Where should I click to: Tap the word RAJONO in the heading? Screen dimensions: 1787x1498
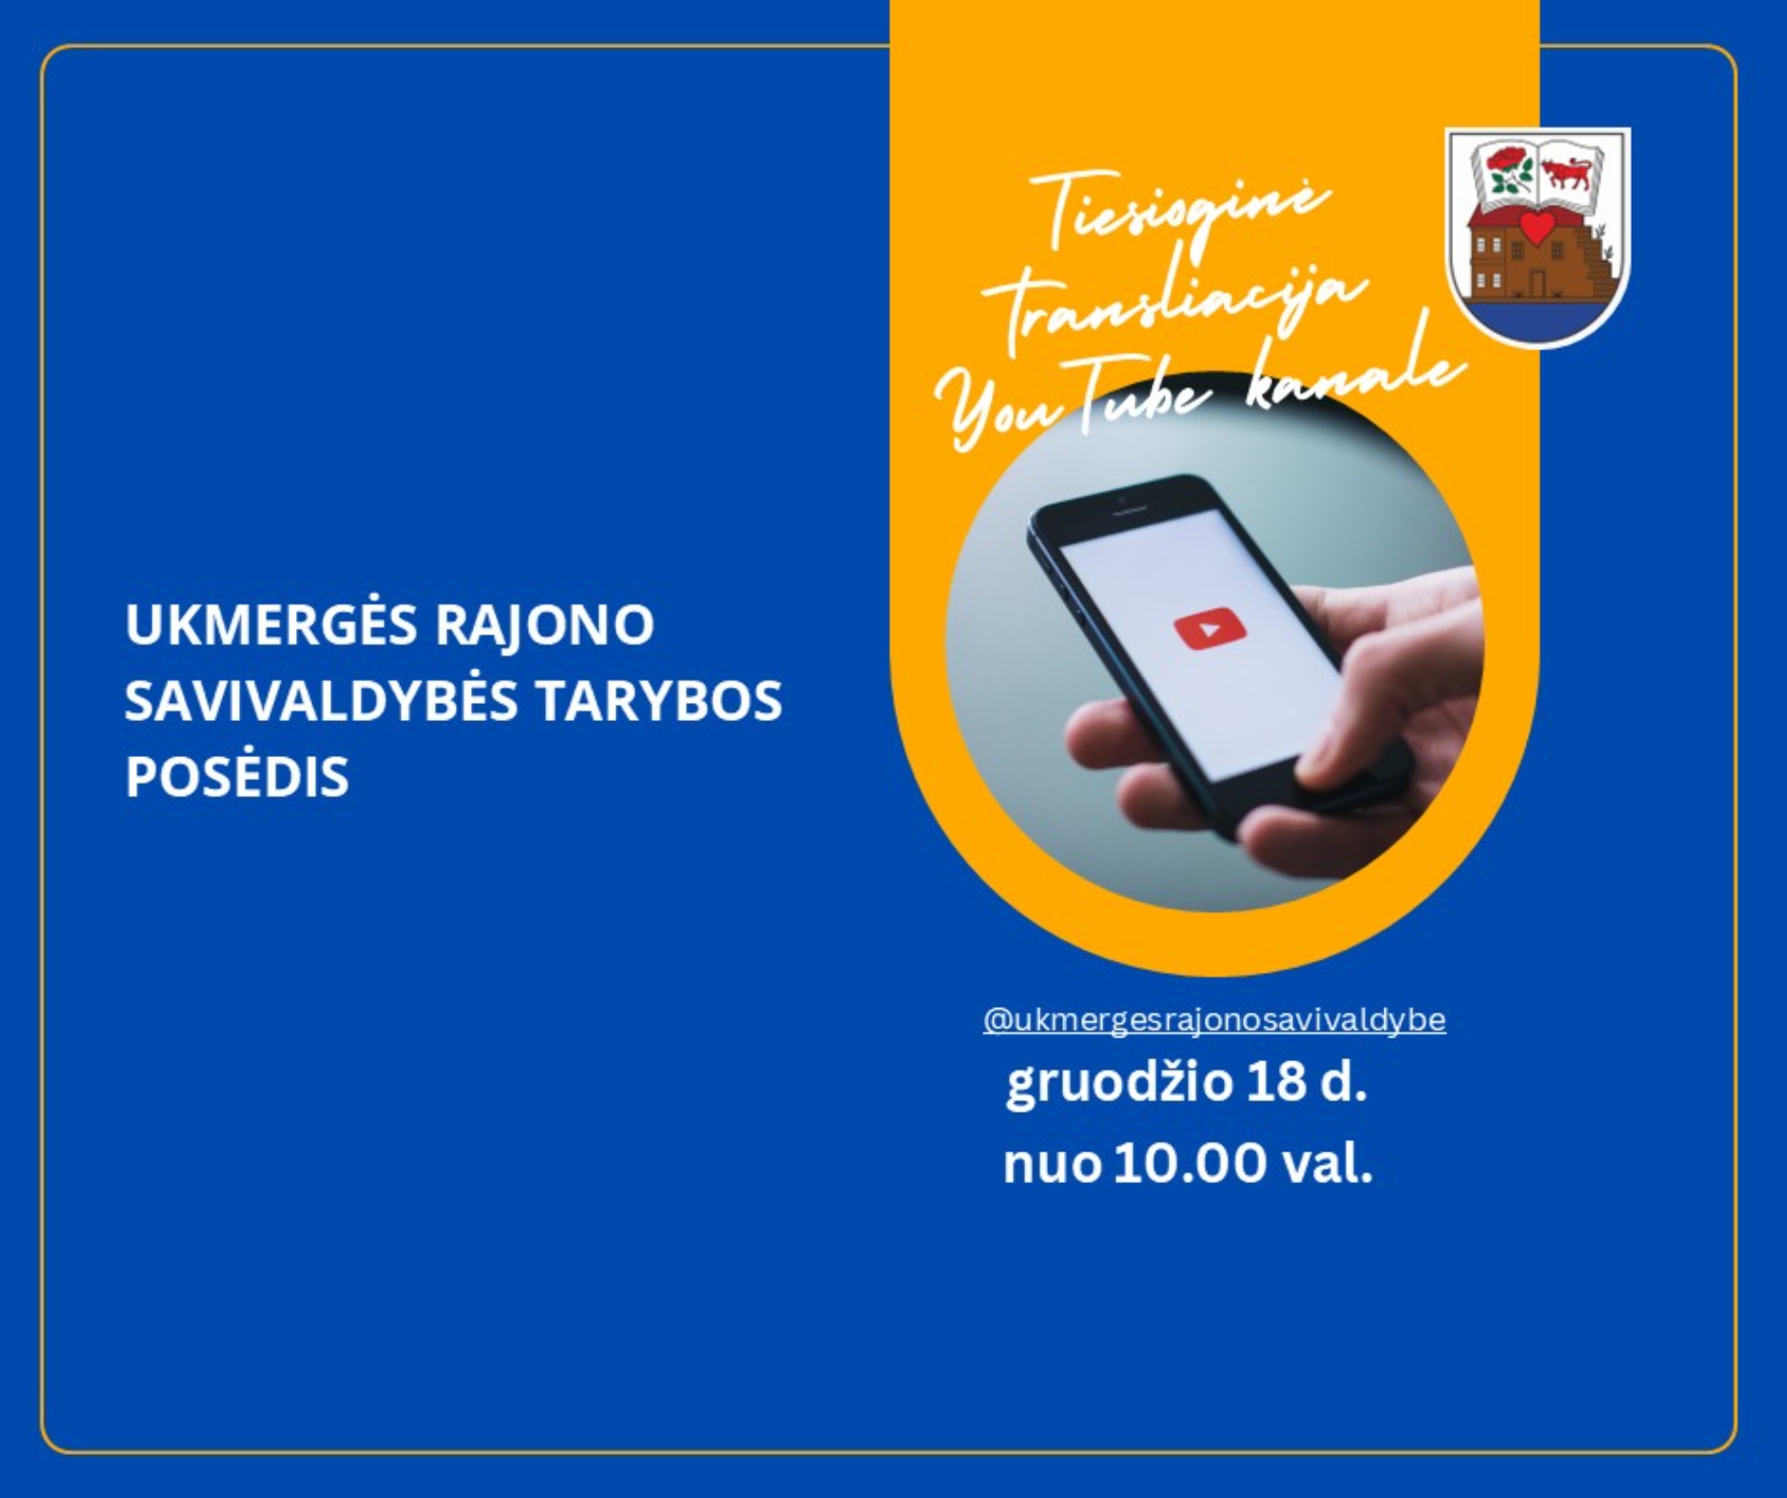[x=544, y=624]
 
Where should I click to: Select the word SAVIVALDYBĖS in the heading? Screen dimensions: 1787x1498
[x=321, y=700]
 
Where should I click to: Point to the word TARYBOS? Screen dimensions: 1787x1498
[x=659, y=701]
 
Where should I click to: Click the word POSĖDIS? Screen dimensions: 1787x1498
[x=236, y=776]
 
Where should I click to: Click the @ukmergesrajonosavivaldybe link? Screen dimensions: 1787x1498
[x=1214, y=1020]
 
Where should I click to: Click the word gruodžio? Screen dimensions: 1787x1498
[x=1119, y=1084]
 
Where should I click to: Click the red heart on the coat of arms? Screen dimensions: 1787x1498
[x=1538, y=228]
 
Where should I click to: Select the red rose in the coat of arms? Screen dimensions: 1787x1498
[x=1506, y=161]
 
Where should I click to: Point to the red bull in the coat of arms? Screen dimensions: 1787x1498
[x=1567, y=171]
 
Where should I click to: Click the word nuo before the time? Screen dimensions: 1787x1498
[x=1051, y=1165]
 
